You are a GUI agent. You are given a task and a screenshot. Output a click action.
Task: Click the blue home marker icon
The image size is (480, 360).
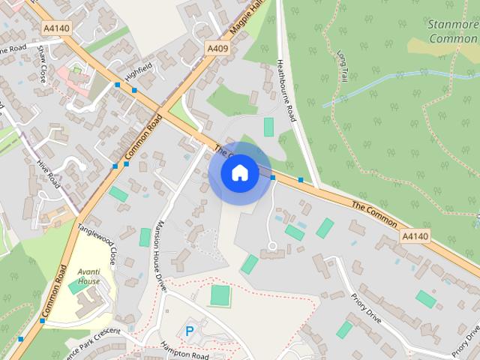tap(239, 172)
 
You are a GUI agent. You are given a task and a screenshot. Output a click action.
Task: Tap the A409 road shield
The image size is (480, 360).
tap(217, 48)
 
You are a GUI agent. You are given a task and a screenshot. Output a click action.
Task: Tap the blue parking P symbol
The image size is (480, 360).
tap(190, 331)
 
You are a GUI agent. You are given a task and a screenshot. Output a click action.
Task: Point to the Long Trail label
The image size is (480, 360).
tap(343, 66)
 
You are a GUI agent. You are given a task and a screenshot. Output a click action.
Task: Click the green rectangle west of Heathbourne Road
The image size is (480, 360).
tap(268, 127)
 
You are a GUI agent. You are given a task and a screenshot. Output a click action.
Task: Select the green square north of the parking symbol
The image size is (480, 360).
tap(220, 295)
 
